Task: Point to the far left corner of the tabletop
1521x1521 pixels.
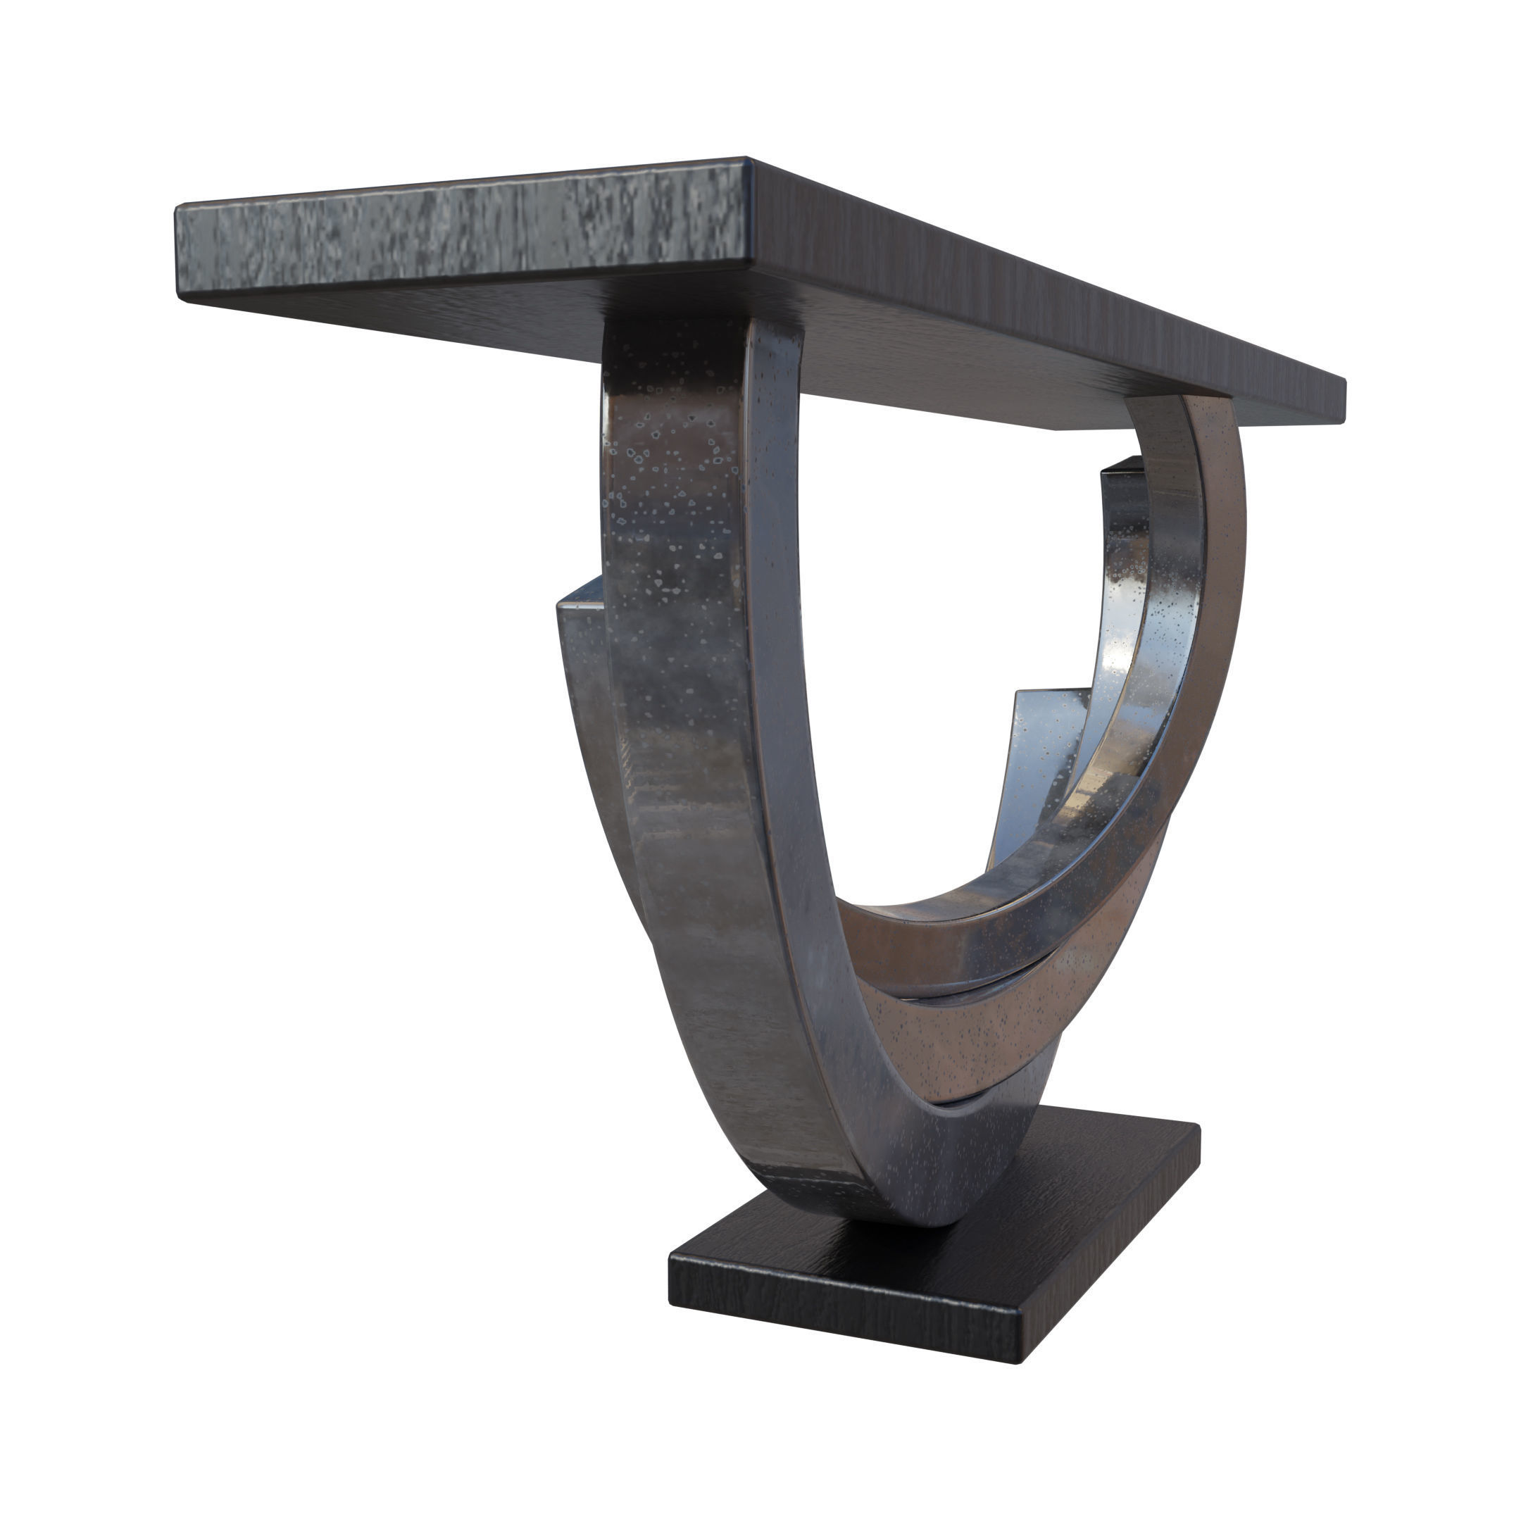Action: [x=178, y=208]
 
